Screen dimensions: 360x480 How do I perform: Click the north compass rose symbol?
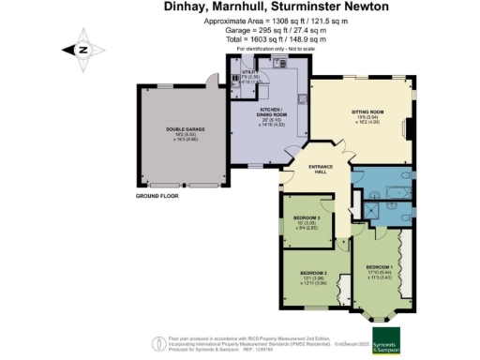[82, 51]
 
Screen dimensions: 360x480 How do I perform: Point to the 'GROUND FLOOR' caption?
[155, 195]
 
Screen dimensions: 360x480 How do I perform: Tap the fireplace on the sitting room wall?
[406, 128]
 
